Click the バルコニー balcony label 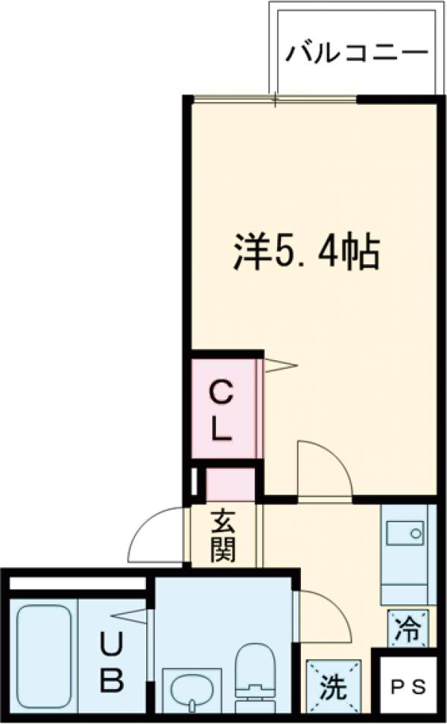click(357, 54)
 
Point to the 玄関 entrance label click(222, 535)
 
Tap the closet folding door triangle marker click(279, 365)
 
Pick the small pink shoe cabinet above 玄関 click(229, 484)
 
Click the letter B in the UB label click(112, 680)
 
